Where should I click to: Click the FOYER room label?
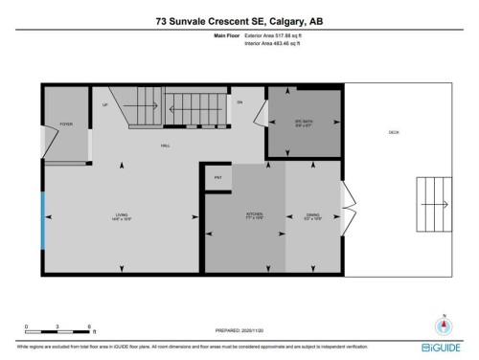pyautogui.click(x=66, y=124)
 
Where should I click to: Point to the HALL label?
pyautogui.click(x=165, y=145)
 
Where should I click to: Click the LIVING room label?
pyautogui.click(x=123, y=216)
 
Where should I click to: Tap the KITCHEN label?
pyautogui.click(x=255, y=216)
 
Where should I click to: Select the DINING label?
pyautogui.click(x=312, y=216)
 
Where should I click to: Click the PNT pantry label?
pyautogui.click(x=217, y=178)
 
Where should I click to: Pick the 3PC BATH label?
pyautogui.click(x=303, y=122)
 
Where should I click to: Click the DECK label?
pyautogui.click(x=393, y=132)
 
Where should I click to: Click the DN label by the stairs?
pyautogui.click(x=240, y=101)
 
